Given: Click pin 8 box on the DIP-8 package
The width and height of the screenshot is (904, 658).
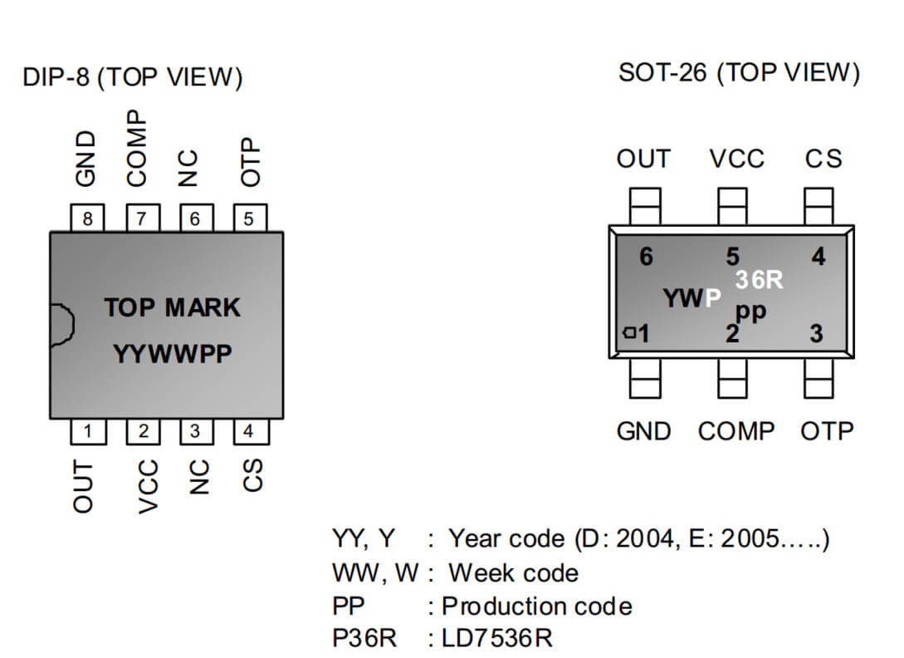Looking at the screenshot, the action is [87, 219].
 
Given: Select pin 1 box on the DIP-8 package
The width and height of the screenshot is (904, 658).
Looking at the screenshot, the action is [88, 431].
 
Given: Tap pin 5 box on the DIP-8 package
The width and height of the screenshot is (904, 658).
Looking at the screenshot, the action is [250, 219].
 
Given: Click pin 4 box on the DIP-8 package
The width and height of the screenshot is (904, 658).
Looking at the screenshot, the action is [251, 431].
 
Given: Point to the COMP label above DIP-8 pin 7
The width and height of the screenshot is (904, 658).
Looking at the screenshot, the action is [137, 149].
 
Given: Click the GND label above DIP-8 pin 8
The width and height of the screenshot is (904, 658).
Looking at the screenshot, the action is [86, 159].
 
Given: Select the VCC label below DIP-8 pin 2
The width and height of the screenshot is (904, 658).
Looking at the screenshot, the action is [148, 486].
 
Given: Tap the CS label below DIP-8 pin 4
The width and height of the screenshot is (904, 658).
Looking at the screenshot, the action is [252, 475].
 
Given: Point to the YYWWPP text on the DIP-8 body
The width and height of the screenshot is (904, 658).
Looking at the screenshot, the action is [173, 353].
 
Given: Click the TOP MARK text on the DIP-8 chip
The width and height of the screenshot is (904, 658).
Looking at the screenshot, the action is [173, 307].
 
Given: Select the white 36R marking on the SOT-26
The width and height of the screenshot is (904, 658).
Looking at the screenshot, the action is [759, 280].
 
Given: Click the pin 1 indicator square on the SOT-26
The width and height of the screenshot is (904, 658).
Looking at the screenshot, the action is [629, 332].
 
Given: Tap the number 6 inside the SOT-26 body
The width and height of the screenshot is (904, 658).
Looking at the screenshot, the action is [646, 257].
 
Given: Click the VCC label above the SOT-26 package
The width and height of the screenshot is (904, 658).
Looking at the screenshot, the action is [737, 159].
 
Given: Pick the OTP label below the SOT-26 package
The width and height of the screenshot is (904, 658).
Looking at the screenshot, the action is [827, 431].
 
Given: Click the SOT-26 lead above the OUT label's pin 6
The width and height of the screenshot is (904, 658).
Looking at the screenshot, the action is [645, 206].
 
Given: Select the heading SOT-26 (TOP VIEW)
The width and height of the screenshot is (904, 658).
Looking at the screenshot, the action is [739, 73].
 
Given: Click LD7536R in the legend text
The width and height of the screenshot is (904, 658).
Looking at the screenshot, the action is [497, 638].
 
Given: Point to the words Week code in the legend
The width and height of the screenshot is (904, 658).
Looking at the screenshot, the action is [513, 573].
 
